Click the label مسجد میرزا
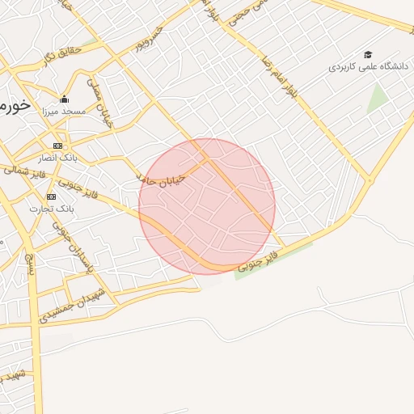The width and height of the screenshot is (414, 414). (x=65, y=111)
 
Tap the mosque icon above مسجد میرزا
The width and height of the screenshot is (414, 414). (x=65, y=99)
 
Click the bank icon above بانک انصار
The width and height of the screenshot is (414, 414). (x=57, y=146)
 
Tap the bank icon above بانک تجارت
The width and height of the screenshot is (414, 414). (x=52, y=196)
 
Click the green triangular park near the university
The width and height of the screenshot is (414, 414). (x=377, y=98)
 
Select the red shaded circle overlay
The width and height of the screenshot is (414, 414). (x=207, y=206)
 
